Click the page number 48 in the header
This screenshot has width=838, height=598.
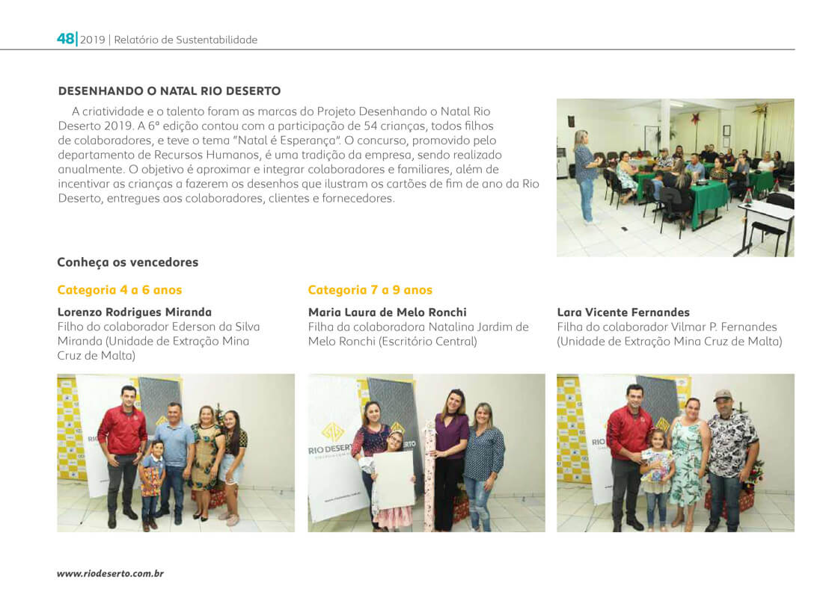point(65,39)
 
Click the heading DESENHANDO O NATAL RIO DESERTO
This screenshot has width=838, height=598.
point(169,91)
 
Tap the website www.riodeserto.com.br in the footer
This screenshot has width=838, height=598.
point(110,573)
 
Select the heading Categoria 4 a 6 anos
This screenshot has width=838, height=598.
point(120,290)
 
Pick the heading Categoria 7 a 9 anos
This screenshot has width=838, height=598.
point(370,290)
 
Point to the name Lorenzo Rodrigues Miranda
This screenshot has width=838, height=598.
point(135,312)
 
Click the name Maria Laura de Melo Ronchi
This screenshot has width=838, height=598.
point(387,312)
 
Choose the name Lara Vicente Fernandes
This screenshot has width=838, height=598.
point(623,312)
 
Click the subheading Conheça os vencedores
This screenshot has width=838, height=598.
point(128,262)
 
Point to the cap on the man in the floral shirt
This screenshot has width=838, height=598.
point(723,394)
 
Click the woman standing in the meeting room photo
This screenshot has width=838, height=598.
point(586,176)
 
